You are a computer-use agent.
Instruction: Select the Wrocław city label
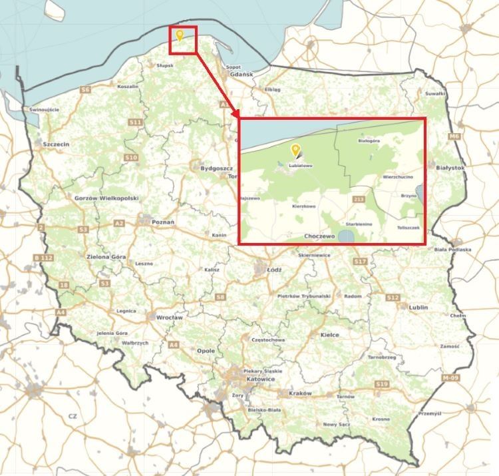coord(169,318)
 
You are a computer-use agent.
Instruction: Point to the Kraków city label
coord(300,393)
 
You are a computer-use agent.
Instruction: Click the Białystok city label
coord(450,168)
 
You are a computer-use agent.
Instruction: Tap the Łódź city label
coord(273,270)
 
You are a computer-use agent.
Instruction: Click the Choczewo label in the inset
coord(319,236)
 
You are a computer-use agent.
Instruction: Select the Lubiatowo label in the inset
coord(300,165)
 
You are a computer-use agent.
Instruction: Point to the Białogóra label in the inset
coord(368,141)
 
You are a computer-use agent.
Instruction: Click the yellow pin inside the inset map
coord(295,150)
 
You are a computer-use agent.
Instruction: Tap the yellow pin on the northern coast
coord(179,35)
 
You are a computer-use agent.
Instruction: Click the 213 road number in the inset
coord(360,199)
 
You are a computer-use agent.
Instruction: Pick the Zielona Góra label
coord(106,256)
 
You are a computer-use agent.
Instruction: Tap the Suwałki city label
coord(435,94)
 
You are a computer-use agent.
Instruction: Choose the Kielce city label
coord(329,335)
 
